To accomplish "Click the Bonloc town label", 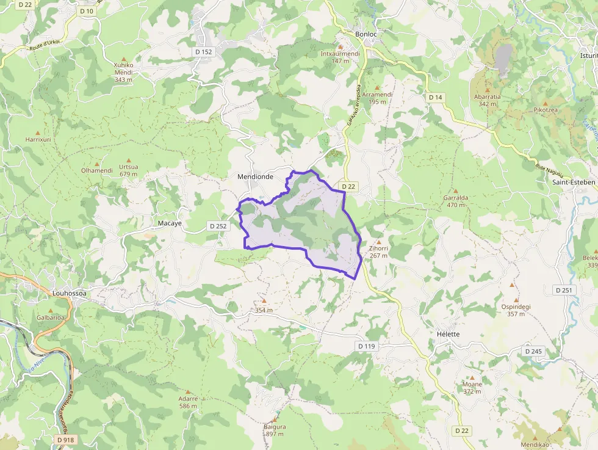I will point(366,34).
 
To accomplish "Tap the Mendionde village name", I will point(254,177).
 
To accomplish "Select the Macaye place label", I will point(170,223).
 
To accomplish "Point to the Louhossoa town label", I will point(69,294).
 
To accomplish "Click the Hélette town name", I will point(448,335).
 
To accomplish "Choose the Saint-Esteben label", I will point(573,182).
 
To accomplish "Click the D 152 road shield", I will point(204,52).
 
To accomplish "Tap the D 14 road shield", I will point(435,97).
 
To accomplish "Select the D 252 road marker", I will point(217,226).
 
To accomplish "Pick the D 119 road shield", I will point(366,346).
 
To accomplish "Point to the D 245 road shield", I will point(533,351).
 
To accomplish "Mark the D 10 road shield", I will point(87,11).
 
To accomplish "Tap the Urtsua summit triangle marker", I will point(129,159).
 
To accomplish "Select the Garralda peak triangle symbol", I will point(456,191).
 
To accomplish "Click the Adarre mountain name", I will point(188,399).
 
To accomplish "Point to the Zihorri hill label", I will point(378,249).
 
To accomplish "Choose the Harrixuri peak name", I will point(38,140).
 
